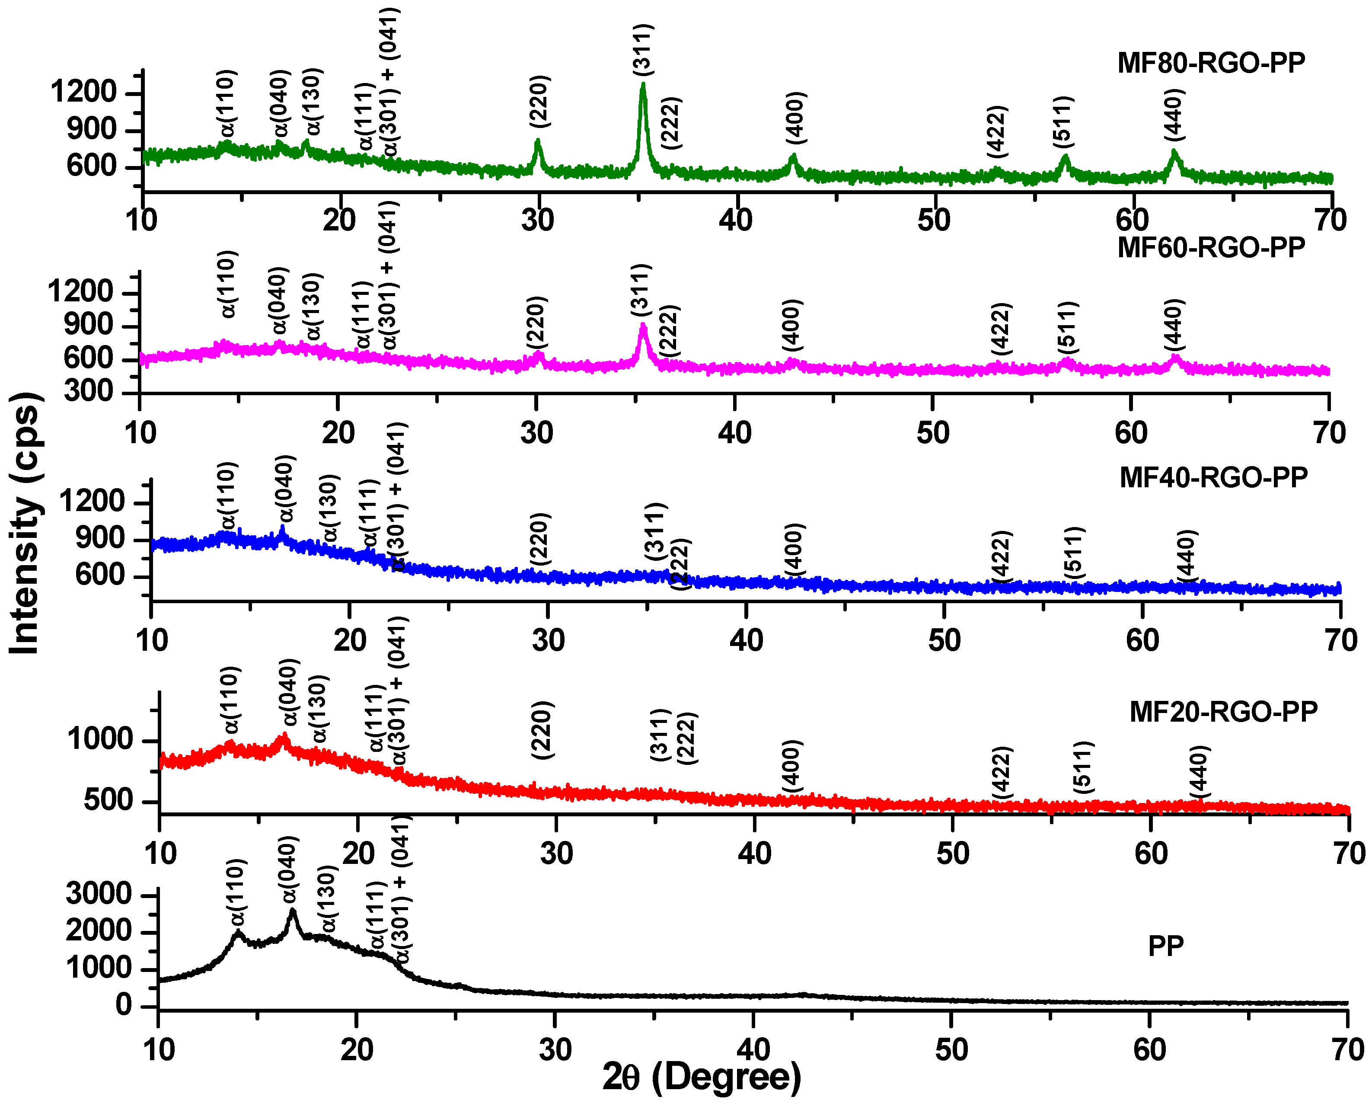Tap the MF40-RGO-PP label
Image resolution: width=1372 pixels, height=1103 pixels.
tap(1213, 477)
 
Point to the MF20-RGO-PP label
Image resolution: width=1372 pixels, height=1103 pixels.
tap(1223, 712)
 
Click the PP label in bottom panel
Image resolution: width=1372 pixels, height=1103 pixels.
tap(1166, 946)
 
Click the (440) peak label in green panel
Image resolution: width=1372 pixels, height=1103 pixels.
tap(1173, 115)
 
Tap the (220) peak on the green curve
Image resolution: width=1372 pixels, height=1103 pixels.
tap(538, 141)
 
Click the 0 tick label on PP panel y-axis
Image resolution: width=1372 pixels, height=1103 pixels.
tap(124, 1006)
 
